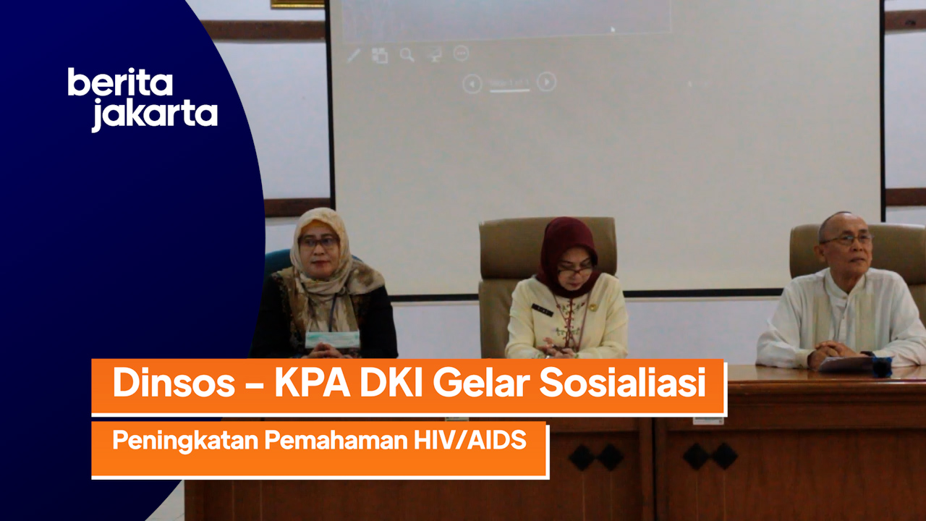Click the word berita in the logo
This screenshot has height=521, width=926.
pyautogui.click(x=120, y=82)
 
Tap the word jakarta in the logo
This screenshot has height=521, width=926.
pyautogui.click(x=155, y=115)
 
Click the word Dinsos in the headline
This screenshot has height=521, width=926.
pyautogui.click(x=174, y=383)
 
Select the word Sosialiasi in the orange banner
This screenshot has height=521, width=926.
pyautogui.click(x=623, y=383)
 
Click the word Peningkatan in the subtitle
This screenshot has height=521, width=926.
pyautogui.click(x=185, y=441)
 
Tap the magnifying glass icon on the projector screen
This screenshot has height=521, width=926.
pyautogui.click(x=407, y=54)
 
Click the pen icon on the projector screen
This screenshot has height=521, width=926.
pyautogui.click(x=354, y=56)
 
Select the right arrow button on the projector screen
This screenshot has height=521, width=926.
pyautogui.click(x=546, y=82)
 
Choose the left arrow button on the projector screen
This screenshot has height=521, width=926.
pyautogui.click(x=472, y=84)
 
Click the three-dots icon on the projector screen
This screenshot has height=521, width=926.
pyautogui.click(x=461, y=54)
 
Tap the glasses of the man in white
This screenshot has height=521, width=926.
pyautogui.click(x=847, y=240)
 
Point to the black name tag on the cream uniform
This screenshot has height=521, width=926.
pyautogui.click(x=542, y=310)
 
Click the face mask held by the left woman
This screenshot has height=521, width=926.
pyautogui.click(x=332, y=339)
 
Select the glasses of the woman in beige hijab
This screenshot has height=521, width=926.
pyautogui.click(x=319, y=242)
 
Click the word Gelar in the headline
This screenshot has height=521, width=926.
pyautogui.click(x=481, y=383)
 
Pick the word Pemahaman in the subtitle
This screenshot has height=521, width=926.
pyautogui.click(x=336, y=440)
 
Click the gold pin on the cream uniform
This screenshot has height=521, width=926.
pyautogui.click(x=592, y=308)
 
